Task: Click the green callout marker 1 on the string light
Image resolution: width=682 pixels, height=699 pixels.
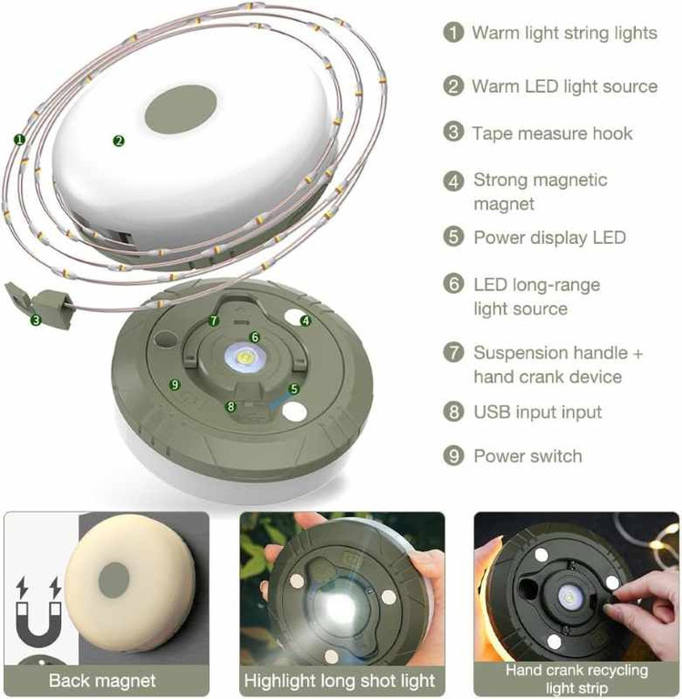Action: click(x=19, y=139)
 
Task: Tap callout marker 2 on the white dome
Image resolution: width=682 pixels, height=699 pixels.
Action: click(x=118, y=141)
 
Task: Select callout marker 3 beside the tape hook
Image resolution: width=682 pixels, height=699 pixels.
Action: click(x=36, y=319)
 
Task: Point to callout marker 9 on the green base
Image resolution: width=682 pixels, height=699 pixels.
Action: click(x=175, y=384)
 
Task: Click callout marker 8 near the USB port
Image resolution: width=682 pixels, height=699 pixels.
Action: click(x=230, y=406)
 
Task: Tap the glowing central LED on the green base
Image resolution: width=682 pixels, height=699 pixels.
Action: click(x=245, y=358)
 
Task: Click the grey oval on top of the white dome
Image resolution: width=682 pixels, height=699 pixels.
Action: click(x=181, y=109)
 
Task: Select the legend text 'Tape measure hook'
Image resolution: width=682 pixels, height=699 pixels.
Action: click(x=552, y=133)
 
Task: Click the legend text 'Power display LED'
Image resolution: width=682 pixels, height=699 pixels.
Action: click(x=550, y=238)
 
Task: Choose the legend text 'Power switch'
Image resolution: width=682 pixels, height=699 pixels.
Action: click(x=528, y=456)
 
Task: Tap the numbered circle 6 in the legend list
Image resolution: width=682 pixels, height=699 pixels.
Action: click(x=454, y=284)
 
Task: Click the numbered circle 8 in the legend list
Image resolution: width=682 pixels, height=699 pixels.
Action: click(x=454, y=411)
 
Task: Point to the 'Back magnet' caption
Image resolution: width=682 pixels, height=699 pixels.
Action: click(x=102, y=681)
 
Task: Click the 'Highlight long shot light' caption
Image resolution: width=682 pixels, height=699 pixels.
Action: click(x=339, y=681)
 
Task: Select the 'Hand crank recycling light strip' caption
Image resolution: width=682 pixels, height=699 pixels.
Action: click(x=577, y=678)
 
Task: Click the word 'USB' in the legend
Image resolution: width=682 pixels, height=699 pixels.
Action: click(x=492, y=412)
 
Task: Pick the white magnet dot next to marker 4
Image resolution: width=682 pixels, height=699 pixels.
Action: click(x=295, y=317)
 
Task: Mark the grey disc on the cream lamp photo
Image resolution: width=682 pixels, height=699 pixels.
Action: click(x=114, y=582)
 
